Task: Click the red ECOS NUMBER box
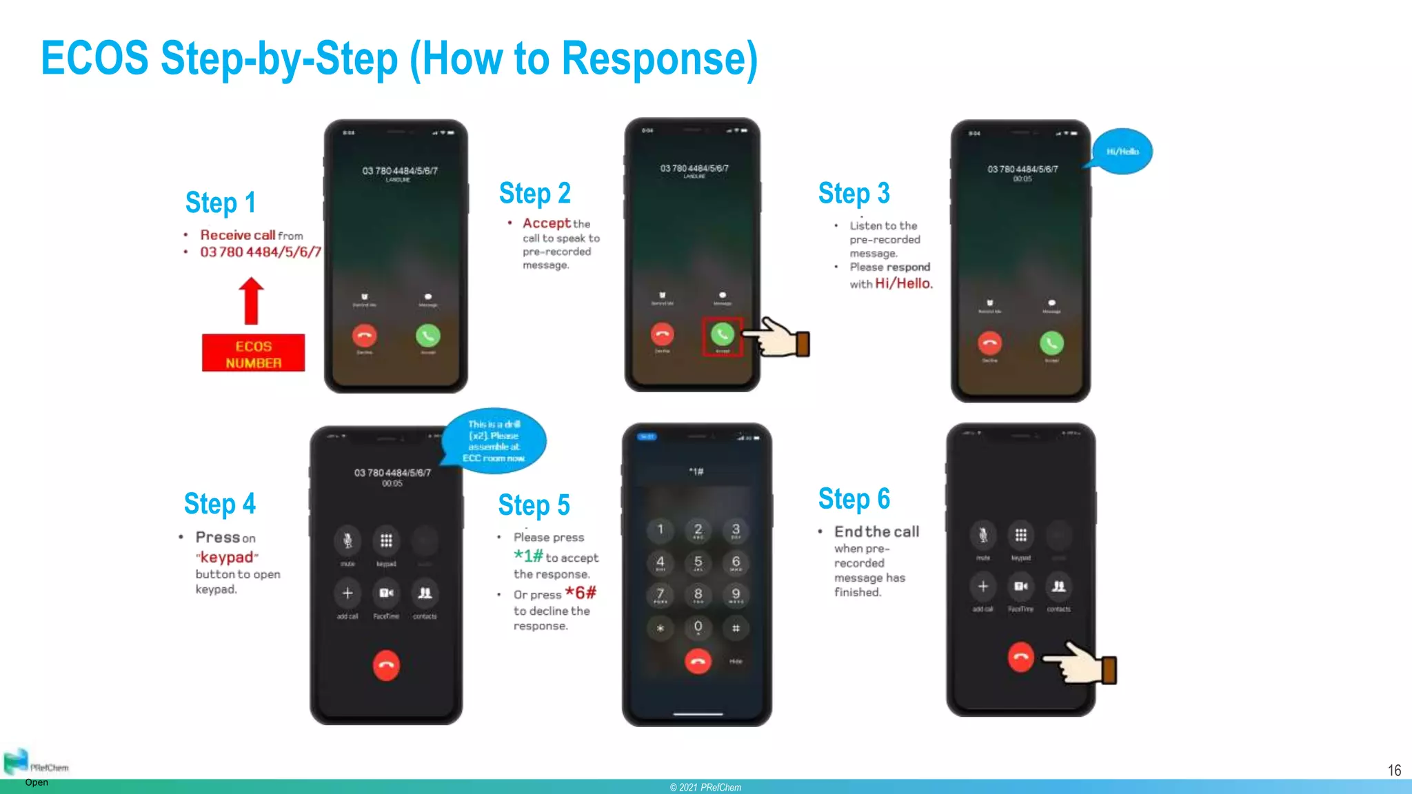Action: [x=253, y=353]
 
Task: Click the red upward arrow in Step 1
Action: [x=252, y=301]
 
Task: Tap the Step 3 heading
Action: [x=854, y=194]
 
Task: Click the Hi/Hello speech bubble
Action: [x=1122, y=152]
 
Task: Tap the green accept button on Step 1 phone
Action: [x=427, y=336]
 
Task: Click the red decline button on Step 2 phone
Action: [x=662, y=334]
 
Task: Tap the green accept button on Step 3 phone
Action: [x=1051, y=343]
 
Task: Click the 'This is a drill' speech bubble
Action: [x=494, y=441]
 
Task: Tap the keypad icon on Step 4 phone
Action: [x=386, y=540]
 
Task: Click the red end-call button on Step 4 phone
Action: [x=386, y=665]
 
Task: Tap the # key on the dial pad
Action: [x=736, y=628]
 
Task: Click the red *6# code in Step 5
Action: [x=581, y=593]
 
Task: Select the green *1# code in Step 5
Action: [x=528, y=556]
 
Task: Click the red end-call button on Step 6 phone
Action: [x=1020, y=657]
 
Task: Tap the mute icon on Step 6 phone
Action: [x=982, y=535]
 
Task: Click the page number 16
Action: [x=1394, y=771]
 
